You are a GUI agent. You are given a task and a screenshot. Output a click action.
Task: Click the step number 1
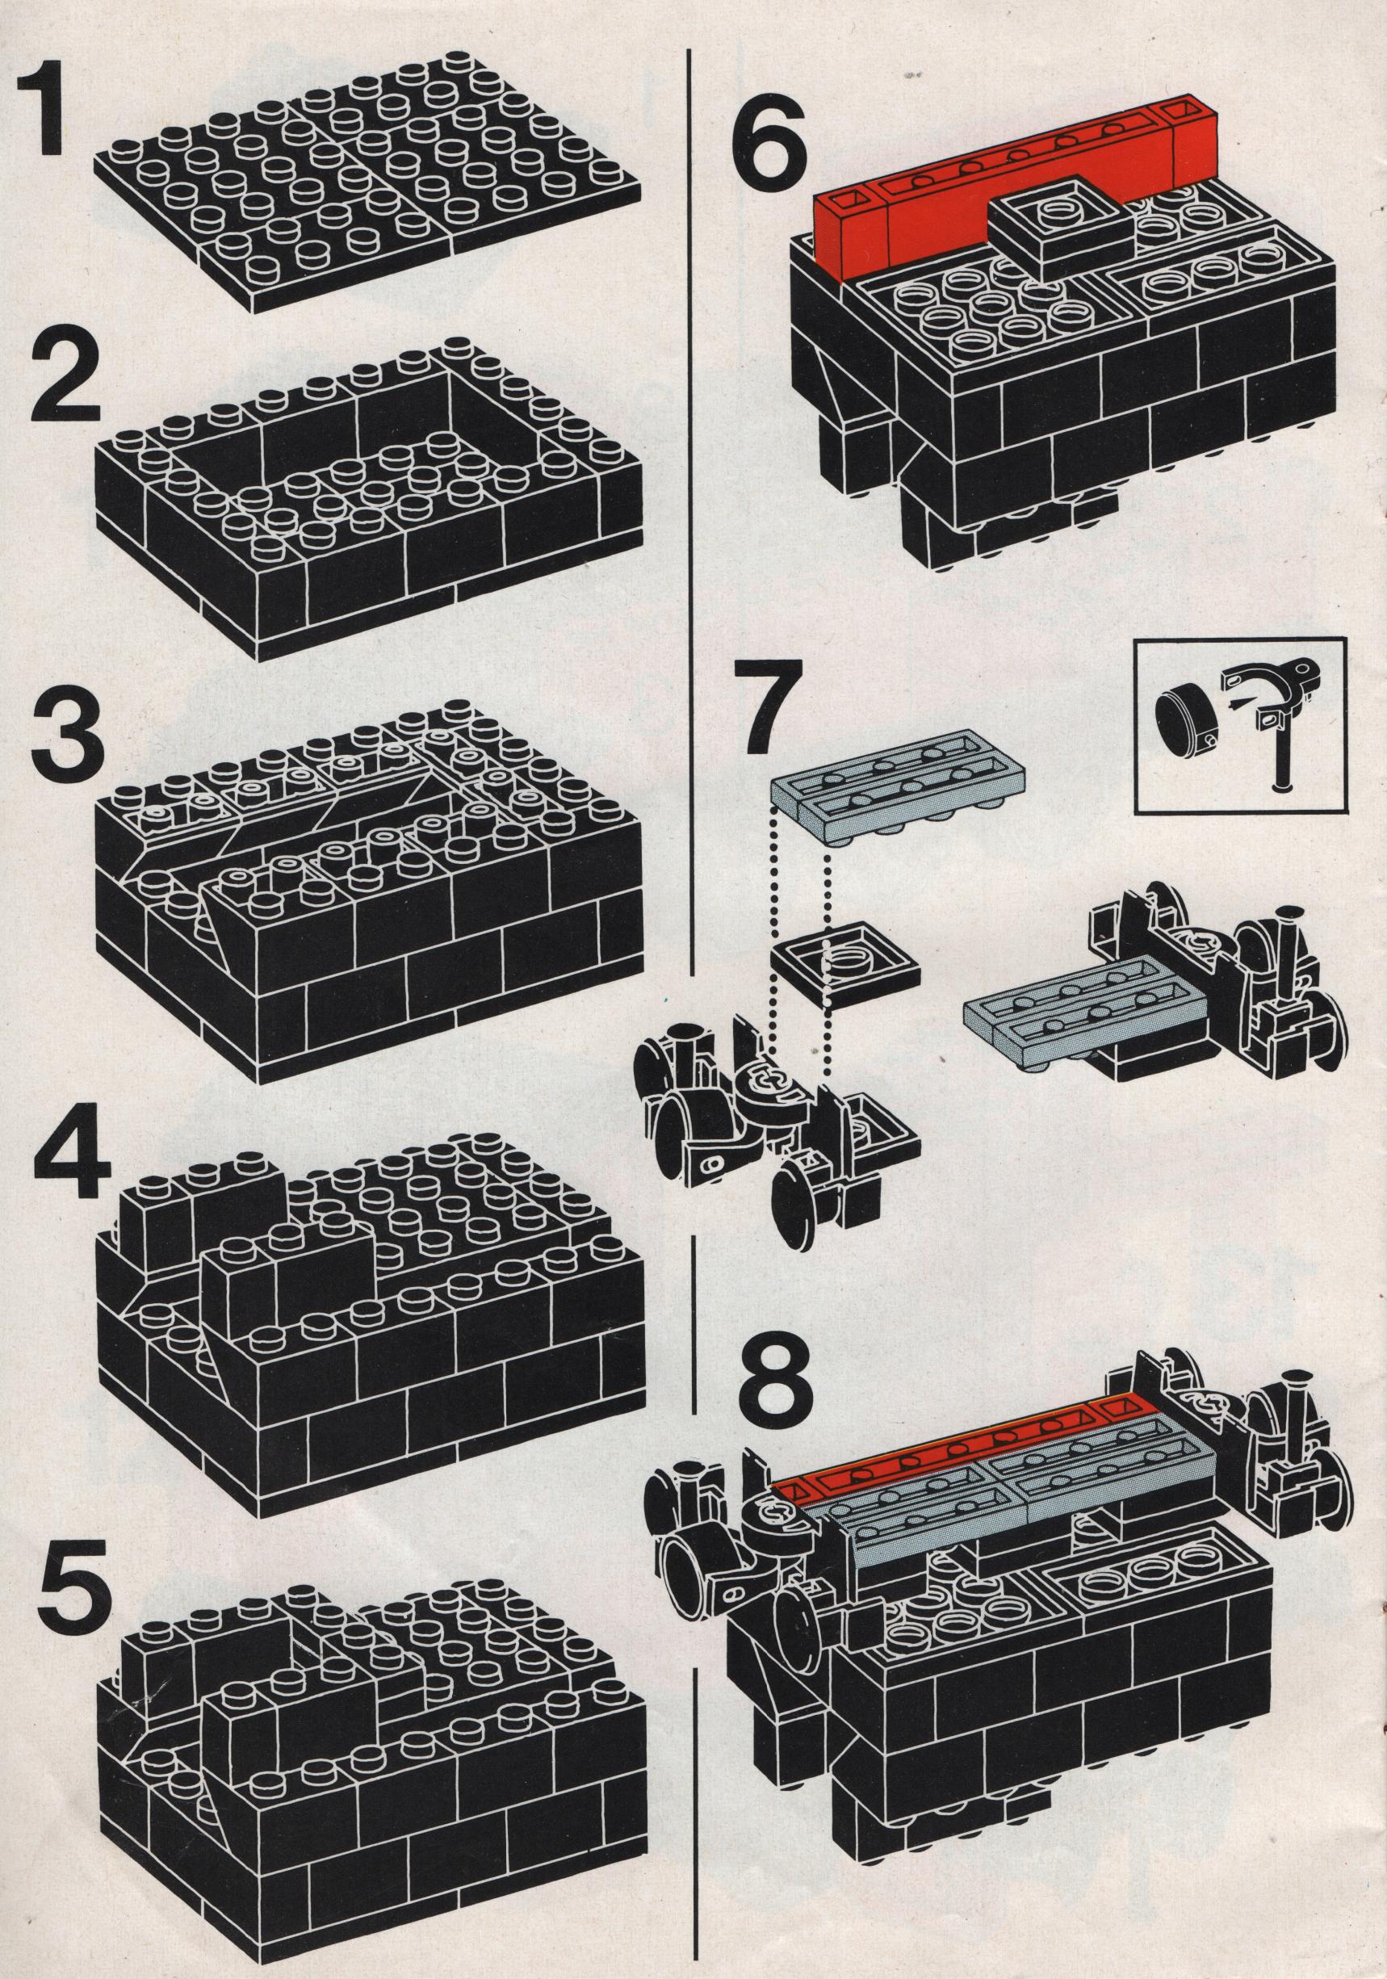click(44, 117)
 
